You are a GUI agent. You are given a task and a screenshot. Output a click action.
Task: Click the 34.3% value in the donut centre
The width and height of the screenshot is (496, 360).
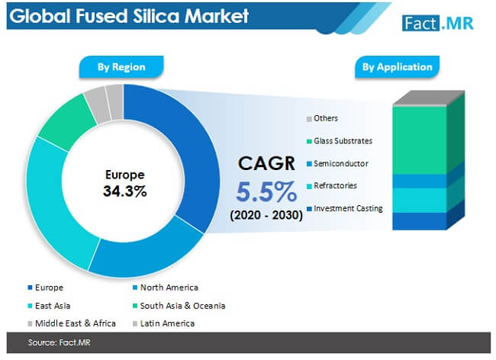(x=125, y=191)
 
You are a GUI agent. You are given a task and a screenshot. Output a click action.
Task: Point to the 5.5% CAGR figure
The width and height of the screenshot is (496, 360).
(x=266, y=191)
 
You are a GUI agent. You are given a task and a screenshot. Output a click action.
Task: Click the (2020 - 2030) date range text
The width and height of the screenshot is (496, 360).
(x=266, y=215)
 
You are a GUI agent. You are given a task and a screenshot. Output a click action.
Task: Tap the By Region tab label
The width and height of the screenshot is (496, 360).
(x=121, y=67)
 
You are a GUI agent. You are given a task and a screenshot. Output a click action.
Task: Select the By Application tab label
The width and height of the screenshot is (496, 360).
(x=398, y=67)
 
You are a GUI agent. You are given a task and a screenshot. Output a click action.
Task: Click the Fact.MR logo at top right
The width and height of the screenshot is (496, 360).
(x=438, y=23)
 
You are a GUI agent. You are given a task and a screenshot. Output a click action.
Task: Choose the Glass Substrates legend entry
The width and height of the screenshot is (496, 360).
(x=340, y=141)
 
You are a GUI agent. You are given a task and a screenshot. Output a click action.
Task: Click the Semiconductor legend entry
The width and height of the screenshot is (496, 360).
(x=337, y=164)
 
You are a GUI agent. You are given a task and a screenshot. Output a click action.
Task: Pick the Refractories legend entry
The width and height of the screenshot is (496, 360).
(x=332, y=186)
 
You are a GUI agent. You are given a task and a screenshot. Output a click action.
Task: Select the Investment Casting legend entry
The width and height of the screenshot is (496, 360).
(x=345, y=209)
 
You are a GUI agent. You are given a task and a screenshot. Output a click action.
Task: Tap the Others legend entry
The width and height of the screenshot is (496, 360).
(x=322, y=118)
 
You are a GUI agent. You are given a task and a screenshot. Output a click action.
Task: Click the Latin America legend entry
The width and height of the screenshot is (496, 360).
(x=163, y=323)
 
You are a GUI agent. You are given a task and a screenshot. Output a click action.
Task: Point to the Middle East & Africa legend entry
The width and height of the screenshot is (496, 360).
(x=72, y=323)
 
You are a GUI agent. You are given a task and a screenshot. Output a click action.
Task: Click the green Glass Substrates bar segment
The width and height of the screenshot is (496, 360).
(x=420, y=140)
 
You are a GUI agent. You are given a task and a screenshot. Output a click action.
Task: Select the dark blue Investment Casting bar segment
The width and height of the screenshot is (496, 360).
(x=420, y=221)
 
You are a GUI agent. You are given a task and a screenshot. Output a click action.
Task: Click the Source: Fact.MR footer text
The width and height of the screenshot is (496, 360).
(x=60, y=342)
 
